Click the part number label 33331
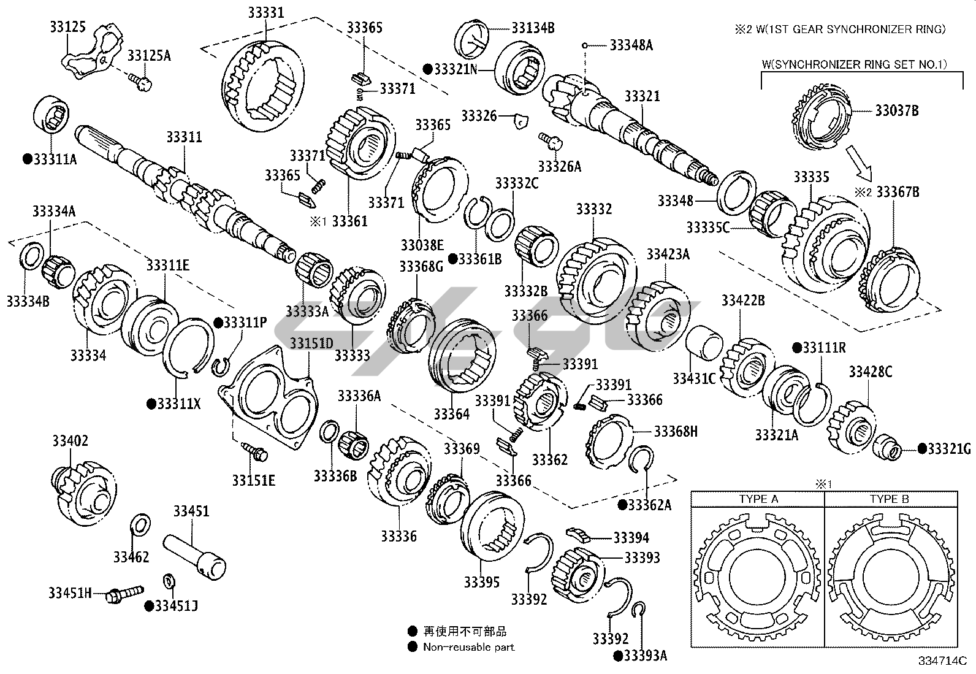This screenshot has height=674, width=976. (265, 12)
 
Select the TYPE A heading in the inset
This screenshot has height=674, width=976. (758, 499)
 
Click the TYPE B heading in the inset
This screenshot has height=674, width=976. (889, 499)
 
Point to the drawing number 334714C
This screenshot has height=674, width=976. (942, 661)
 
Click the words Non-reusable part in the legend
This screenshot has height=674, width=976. (468, 646)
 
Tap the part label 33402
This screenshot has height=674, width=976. (70, 441)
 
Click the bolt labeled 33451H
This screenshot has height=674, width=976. (123, 593)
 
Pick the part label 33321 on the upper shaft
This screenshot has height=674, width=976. (642, 96)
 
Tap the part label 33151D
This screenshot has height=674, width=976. (311, 343)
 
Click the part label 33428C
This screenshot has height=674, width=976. (871, 372)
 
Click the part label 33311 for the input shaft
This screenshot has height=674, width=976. (184, 137)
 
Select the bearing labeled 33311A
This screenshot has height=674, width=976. (52, 115)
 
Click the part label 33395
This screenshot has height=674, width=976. (481, 583)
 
